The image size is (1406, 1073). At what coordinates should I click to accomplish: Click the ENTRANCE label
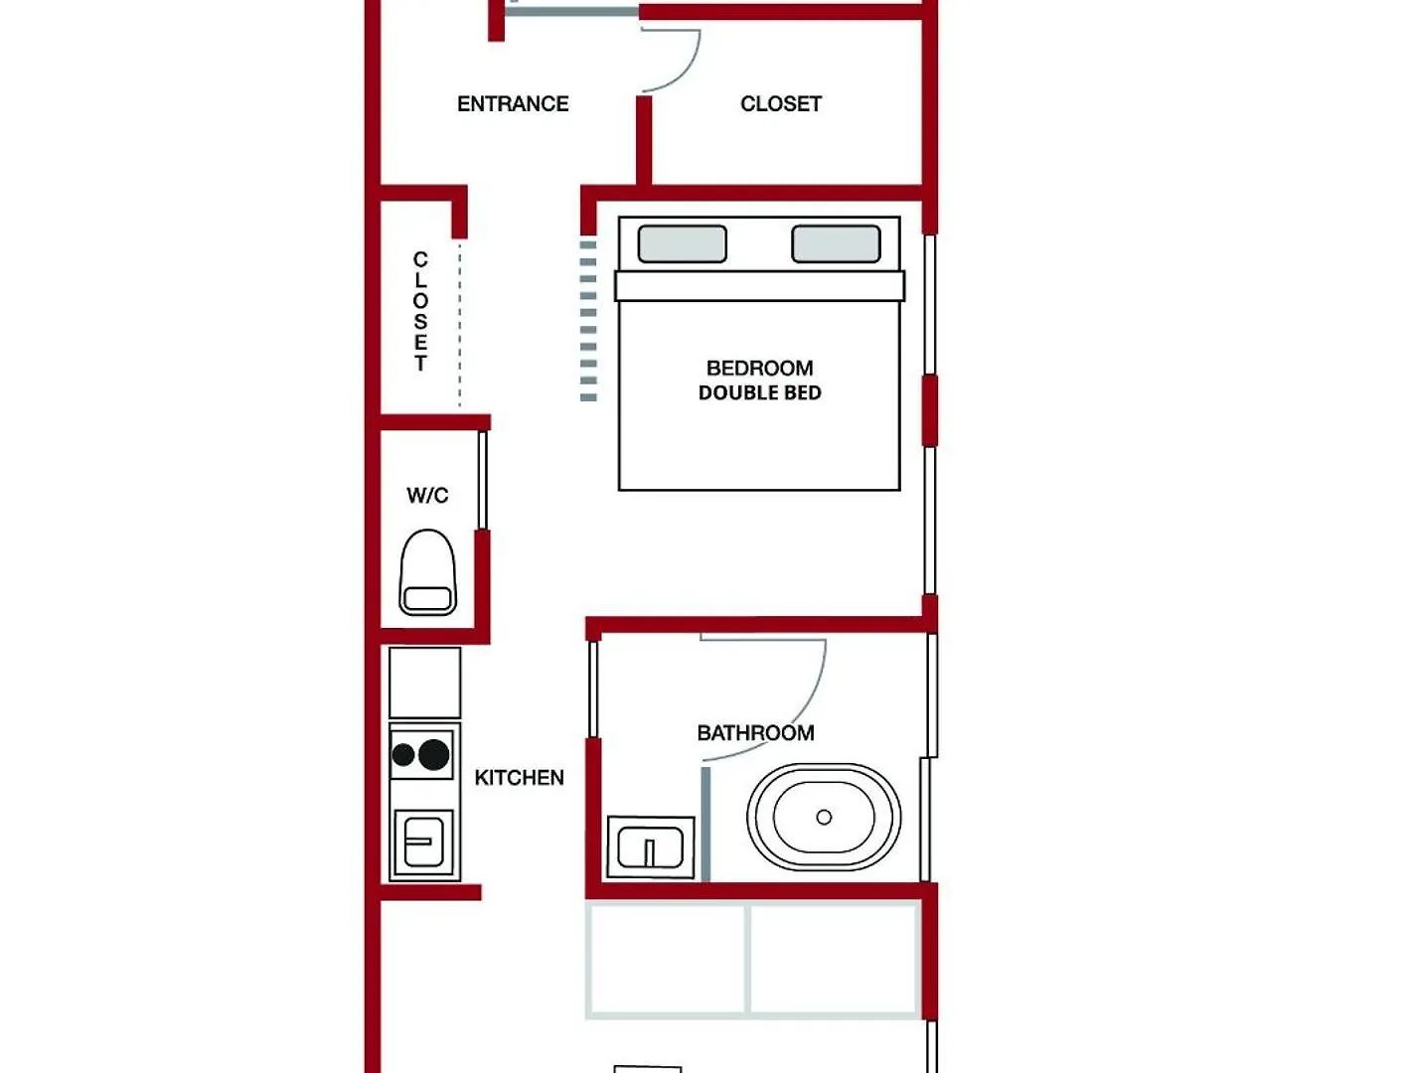click(x=513, y=103)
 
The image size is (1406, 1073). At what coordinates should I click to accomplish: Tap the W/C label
click(x=427, y=495)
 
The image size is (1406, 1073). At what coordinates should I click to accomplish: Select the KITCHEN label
click(x=519, y=777)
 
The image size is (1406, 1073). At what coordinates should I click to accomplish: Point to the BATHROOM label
click(x=755, y=732)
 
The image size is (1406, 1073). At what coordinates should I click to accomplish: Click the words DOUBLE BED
click(x=760, y=392)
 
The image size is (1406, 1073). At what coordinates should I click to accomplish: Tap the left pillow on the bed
click(x=683, y=244)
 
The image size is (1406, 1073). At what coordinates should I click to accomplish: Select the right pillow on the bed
click(x=836, y=244)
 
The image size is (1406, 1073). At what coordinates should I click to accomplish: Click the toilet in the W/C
click(x=428, y=571)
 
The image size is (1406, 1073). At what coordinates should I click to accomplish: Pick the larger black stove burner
click(x=433, y=754)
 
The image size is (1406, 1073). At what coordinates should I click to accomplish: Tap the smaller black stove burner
click(x=402, y=755)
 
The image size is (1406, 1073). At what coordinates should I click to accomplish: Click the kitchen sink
click(x=424, y=842)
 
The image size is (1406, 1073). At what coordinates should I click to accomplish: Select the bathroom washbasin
click(x=650, y=847)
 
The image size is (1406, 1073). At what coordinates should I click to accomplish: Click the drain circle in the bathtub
click(x=825, y=817)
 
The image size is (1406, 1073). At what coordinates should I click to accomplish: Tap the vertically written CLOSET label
click(x=420, y=312)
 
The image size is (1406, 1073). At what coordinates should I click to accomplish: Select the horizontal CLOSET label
click(x=781, y=103)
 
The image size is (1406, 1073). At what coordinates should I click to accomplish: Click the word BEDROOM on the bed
click(x=760, y=369)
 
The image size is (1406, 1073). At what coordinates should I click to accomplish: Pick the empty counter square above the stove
click(x=424, y=683)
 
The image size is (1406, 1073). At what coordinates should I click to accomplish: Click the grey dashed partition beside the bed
click(x=588, y=321)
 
